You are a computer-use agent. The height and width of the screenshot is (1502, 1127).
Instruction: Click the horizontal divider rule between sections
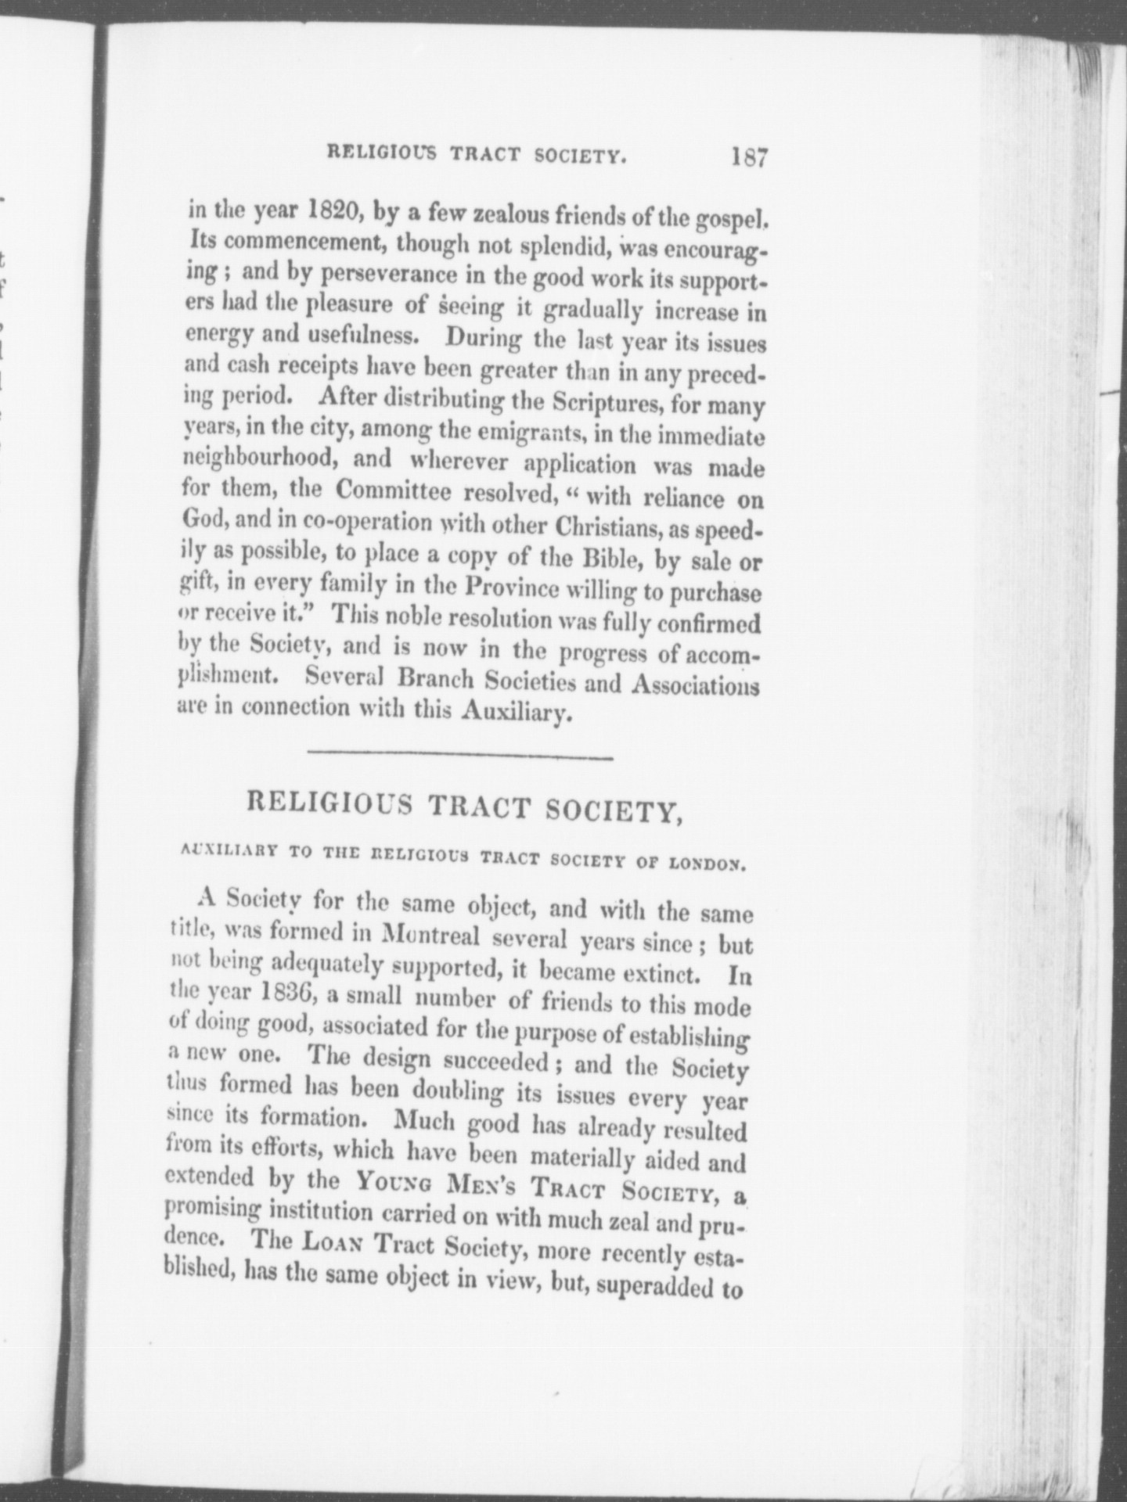(x=461, y=756)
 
